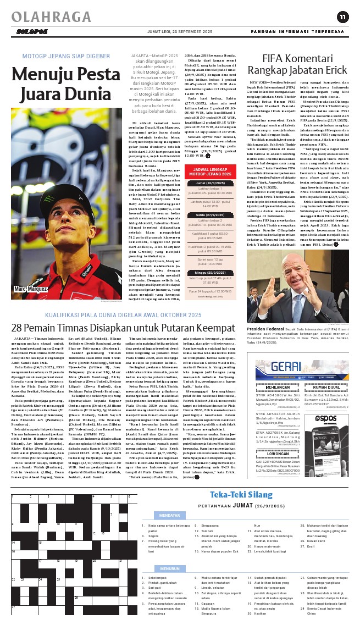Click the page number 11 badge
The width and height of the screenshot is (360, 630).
pos(342,17)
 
